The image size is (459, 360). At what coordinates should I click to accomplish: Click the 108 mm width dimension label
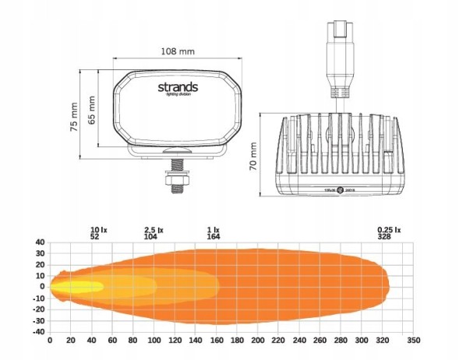(x=178, y=51)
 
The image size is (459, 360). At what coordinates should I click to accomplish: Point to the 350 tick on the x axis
(x=413, y=341)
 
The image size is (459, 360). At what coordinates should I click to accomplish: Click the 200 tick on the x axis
(x=257, y=341)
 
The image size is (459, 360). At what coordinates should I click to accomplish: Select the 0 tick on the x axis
(x=50, y=341)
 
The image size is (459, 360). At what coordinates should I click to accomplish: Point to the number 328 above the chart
(x=385, y=236)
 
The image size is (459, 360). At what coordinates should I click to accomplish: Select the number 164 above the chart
(x=212, y=236)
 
